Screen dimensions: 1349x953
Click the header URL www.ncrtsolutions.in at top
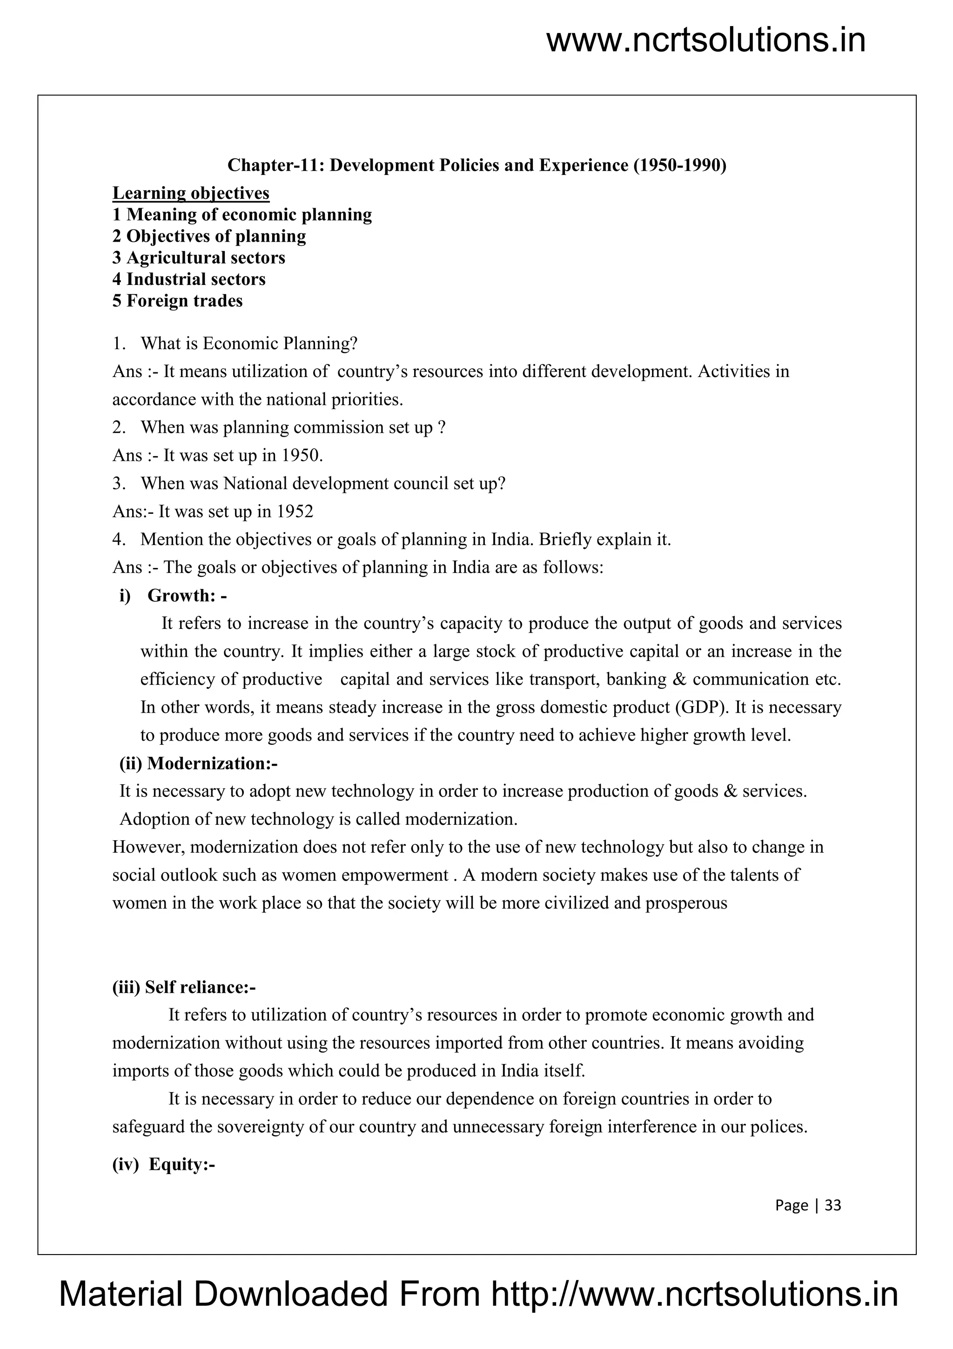point(706,41)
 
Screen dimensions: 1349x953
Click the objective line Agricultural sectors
point(199,257)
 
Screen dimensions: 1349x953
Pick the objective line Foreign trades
point(177,301)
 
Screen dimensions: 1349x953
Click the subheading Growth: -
point(187,596)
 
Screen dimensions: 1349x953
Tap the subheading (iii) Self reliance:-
point(184,987)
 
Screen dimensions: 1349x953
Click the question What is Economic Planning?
point(249,344)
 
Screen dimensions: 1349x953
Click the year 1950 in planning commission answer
point(302,455)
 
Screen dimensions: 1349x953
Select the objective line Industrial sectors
point(188,279)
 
